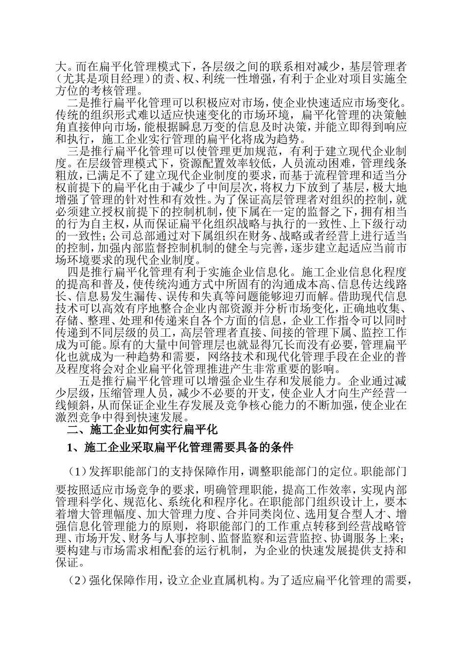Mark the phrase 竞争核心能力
(x=267, y=404)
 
